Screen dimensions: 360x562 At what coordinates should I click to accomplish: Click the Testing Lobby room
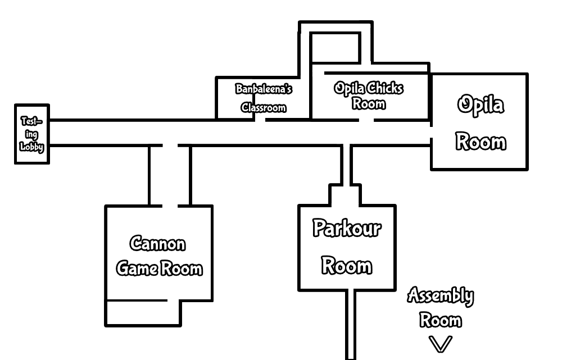click(x=31, y=134)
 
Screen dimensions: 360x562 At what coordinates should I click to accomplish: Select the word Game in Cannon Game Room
click(x=137, y=268)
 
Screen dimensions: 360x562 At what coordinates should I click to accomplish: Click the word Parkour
click(x=347, y=229)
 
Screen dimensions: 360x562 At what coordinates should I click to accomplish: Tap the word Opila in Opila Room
click(x=480, y=106)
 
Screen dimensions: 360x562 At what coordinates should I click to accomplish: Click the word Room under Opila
click(x=480, y=142)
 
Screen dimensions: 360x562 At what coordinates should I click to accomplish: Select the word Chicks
click(x=385, y=88)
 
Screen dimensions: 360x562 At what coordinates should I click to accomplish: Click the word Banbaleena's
click(x=264, y=89)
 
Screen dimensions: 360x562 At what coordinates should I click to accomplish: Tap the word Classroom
click(x=264, y=107)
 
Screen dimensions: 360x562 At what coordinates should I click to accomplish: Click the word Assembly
click(x=440, y=295)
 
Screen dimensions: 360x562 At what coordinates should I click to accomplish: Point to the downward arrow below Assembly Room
click(x=440, y=343)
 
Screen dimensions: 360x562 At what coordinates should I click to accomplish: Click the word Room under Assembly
click(x=441, y=321)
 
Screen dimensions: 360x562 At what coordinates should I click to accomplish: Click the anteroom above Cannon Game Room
click(x=169, y=175)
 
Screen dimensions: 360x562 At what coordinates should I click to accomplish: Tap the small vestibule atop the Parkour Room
click(x=345, y=197)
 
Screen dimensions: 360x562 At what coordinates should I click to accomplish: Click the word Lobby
click(x=31, y=148)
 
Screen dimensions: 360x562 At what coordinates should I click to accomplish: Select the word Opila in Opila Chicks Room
click(x=350, y=88)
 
